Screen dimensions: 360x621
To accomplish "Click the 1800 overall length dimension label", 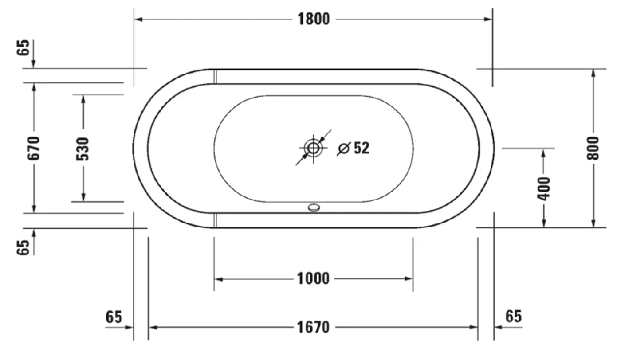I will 314,19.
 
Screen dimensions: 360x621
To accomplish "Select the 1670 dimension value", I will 314,328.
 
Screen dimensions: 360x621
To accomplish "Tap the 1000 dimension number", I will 314,279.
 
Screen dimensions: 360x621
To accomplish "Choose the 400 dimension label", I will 544,188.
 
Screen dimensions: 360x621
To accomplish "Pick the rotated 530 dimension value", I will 83,149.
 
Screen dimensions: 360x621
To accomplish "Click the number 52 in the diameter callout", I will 362,148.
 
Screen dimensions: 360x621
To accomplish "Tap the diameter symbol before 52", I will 343,149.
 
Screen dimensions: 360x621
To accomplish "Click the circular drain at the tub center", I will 314,148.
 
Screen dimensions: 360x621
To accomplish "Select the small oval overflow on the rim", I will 314,207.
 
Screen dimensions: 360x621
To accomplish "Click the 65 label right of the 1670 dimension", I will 513,317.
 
